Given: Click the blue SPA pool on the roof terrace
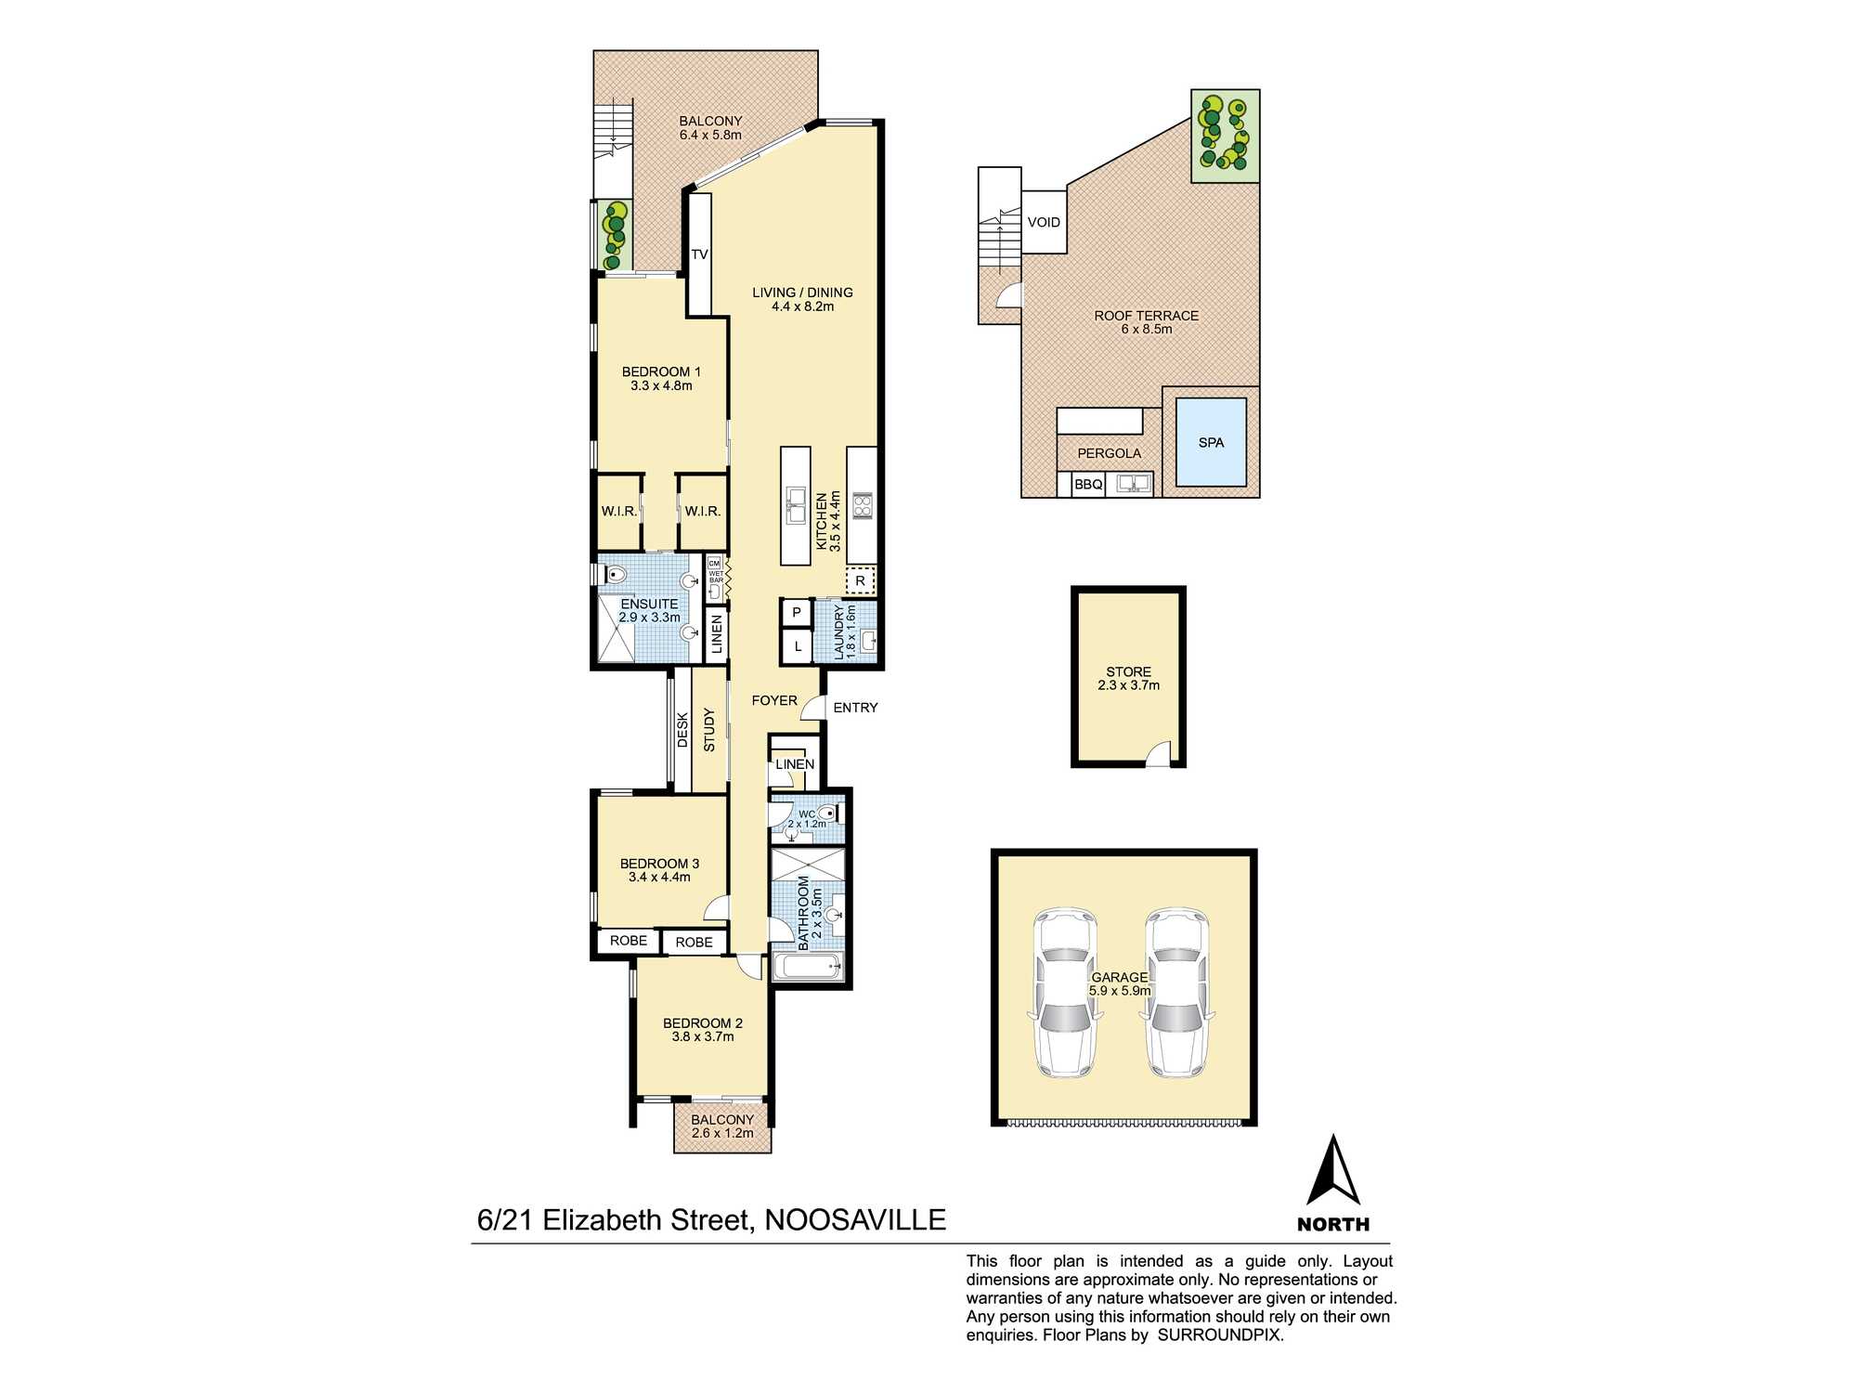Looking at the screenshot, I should [x=1211, y=442].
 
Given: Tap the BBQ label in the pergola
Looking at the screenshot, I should [x=1087, y=485].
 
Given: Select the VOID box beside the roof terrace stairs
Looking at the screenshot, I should [x=1044, y=222].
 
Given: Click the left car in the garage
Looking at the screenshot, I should [x=1066, y=992].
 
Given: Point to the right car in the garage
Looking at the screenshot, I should [x=1177, y=992].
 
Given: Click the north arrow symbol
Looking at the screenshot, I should [x=1333, y=1172].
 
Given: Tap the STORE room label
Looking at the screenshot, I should [x=1128, y=671].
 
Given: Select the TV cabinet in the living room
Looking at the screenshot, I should [x=699, y=254].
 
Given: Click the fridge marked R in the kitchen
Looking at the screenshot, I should [x=861, y=580].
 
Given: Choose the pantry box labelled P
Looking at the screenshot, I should [x=796, y=613].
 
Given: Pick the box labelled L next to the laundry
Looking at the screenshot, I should [x=797, y=645].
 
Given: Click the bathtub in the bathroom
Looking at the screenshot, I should [x=808, y=967].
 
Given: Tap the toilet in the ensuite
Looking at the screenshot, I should [x=616, y=575].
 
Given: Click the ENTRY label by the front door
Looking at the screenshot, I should [x=855, y=708].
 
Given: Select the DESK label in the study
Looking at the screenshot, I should [x=682, y=730].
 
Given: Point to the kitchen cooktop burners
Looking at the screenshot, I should [x=862, y=506].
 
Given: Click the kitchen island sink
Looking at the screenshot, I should [x=796, y=506].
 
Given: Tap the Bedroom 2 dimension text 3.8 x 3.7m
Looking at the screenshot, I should [x=703, y=1036].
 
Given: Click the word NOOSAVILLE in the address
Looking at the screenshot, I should [x=855, y=1219].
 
